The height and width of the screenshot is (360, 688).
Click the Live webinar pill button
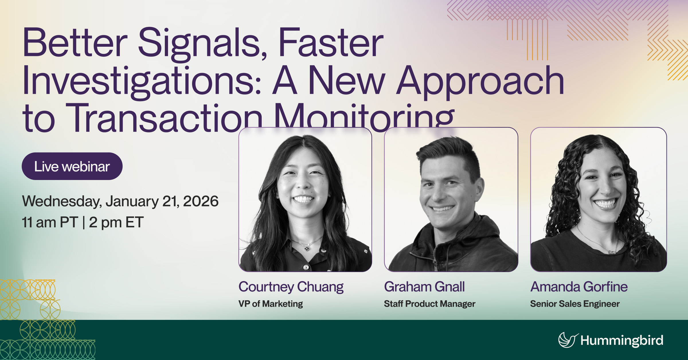[x=72, y=167]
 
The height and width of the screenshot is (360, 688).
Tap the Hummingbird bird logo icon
[x=567, y=340]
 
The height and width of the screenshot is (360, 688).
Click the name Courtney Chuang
[x=291, y=287]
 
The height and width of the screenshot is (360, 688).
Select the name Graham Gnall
[x=424, y=287]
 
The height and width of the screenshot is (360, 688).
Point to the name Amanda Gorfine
[x=579, y=287]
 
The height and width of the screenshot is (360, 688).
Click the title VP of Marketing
[x=271, y=304]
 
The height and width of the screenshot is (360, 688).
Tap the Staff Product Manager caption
[x=429, y=304]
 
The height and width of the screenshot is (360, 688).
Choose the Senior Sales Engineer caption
[x=575, y=304]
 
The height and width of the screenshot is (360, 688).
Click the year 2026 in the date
[x=201, y=201]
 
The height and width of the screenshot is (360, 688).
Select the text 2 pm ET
[x=116, y=222]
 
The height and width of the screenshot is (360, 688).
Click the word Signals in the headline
[x=202, y=43]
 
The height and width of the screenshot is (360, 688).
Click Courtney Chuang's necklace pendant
[x=307, y=249]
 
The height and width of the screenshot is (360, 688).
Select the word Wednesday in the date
[x=62, y=201]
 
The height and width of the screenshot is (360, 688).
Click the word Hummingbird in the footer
[x=621, y=341]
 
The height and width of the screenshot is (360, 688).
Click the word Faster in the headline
[x=331, y=43]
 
